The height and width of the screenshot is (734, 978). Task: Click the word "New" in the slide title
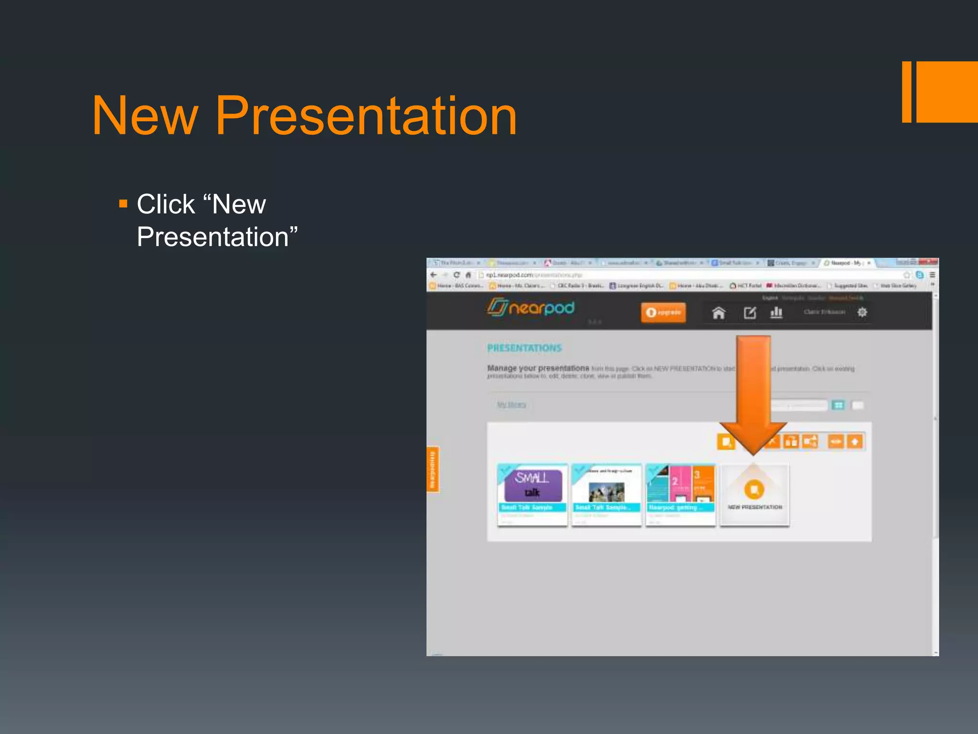pyautogui.click(x=145, y=116)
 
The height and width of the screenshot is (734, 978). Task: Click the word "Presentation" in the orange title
pyautogui.click(x=366, y=116)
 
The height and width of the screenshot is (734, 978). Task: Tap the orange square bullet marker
pyautogui.click(x=123, y=205)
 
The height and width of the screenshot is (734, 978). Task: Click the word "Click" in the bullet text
pyautogui.click(x=166, y=205)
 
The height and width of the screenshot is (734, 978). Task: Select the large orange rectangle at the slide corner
pyautogui.click(x=947, y=92)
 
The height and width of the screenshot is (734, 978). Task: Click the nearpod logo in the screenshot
pyautogui.click(x=531, y=308)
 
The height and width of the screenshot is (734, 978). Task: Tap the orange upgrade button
pyautogui.click(x=663, y=313)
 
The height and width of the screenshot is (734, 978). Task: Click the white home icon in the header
pyautogui.click(x=718, y=313)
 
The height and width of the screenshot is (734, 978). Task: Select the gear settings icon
pyautogui.click(x=862, y=313)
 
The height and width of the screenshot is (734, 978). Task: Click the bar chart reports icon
pyautogui.click(x=776, y=313)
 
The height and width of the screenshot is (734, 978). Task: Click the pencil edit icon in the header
pyautogui.click(x=750, y=313)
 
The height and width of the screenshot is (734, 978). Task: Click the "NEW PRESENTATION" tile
pyautogui.click(x=755, y=495)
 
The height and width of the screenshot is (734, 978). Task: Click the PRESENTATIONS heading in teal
pyautogui.click(x=524, y=348)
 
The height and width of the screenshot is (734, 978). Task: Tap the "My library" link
pyautogui.click(x=511, y=405)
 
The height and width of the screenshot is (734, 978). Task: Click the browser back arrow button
pyautogui.click(x=434, y=275)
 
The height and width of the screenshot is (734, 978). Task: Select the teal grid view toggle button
pyautogui.click(x=838, y=405)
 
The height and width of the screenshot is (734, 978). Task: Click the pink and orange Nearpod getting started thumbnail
pyautogui.click(x=680, y=487)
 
